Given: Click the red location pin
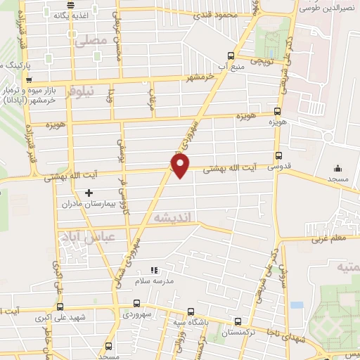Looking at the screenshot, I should pyautogui.click(x=181, y=166).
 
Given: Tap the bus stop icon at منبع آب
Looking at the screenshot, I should pyautogui.click(x=231, y=56).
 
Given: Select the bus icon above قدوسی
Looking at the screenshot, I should pyautogui.click(x=279, y=156).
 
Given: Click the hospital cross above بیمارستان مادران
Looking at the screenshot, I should pyautogui.click(x=89, y=192).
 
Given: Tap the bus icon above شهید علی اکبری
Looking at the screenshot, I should pyautogui.click(x=59, y=307).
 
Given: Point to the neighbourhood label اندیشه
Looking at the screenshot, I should pyautogui.click(x=172, y=219).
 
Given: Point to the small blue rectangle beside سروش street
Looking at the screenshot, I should pyautogui.click(x=296, y=305).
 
